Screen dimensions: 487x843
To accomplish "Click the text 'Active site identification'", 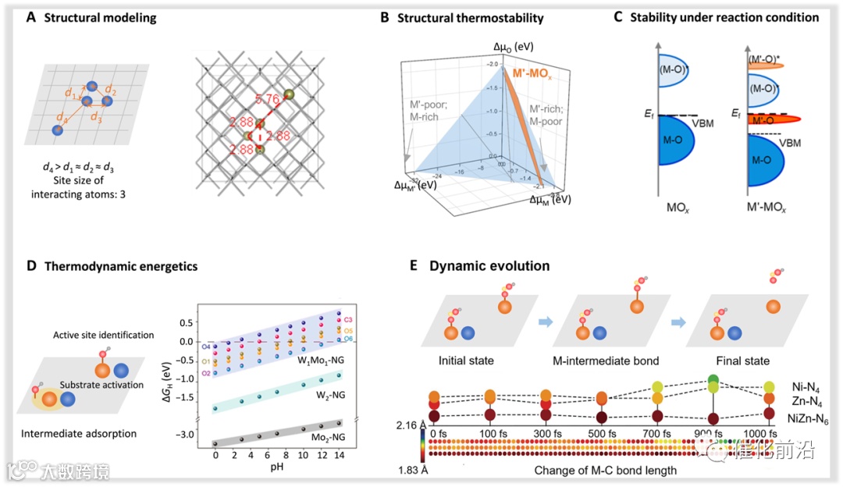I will pos(103,335).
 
